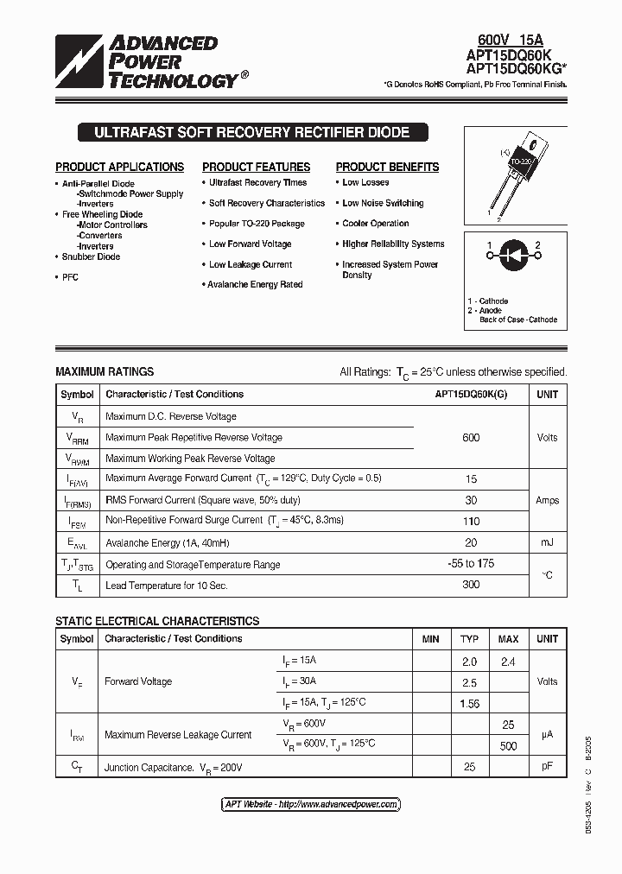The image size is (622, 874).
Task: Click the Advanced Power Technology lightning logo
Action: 79,62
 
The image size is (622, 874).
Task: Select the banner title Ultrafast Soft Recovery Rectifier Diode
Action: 251,133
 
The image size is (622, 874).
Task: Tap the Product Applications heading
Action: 119,167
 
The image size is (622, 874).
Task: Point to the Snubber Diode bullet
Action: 91,256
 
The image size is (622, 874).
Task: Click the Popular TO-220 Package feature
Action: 257,224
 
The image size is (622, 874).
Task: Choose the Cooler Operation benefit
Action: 375,224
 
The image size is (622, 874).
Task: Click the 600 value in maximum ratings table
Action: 471,438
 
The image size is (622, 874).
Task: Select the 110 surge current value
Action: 471,521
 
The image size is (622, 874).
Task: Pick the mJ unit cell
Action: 547,542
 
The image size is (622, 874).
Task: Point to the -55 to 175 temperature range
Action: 471,564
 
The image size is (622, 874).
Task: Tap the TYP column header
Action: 469,639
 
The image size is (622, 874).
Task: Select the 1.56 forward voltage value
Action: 469,704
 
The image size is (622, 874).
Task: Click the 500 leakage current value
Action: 508,746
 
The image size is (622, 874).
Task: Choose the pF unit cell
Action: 547,767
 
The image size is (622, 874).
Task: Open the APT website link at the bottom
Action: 311,804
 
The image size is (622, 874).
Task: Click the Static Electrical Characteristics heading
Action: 157,621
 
